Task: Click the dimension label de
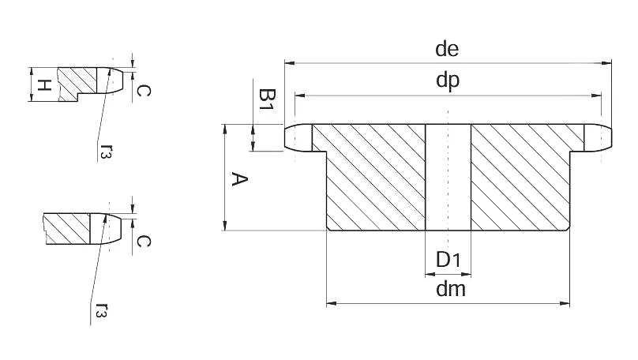(447, 49)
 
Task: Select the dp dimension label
(448, 81)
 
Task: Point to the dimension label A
(240, 179)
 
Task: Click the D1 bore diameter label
(448, 260)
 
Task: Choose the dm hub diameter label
(451, 289)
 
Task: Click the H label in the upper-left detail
(44, 85)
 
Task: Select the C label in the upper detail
(142, 90)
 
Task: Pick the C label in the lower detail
(142, 242)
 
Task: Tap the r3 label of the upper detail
(105, 150)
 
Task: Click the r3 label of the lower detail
(101, 309)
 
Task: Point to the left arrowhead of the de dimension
(290, 63)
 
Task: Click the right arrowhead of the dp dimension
(596, 96)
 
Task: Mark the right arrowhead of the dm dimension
(565, 303)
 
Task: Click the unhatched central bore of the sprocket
(448, 178)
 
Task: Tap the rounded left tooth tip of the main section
(298, 138)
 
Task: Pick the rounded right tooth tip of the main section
(598, 138)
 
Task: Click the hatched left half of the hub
(370, 178)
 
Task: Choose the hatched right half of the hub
(526, 178)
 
